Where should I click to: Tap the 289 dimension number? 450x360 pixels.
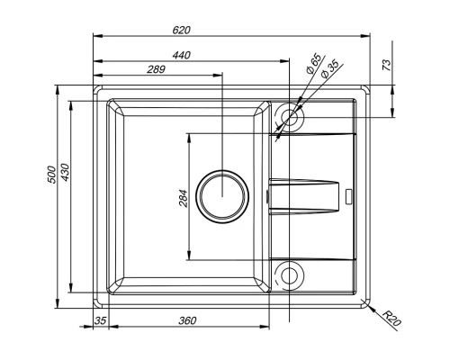[x=157, y=69]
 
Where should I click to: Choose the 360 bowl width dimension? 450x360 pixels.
[x=187, y=320]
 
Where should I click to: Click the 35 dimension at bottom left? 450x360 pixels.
[x=100, y=320]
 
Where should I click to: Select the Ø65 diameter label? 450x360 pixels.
[x=313, y=66]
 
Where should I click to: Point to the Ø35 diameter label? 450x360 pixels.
[x=330, y=69]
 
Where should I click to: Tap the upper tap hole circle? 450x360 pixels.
[x=289, y=116]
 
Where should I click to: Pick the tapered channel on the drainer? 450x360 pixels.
[x=306, y=195]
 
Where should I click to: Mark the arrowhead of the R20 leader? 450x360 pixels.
[x=368, y=303]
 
